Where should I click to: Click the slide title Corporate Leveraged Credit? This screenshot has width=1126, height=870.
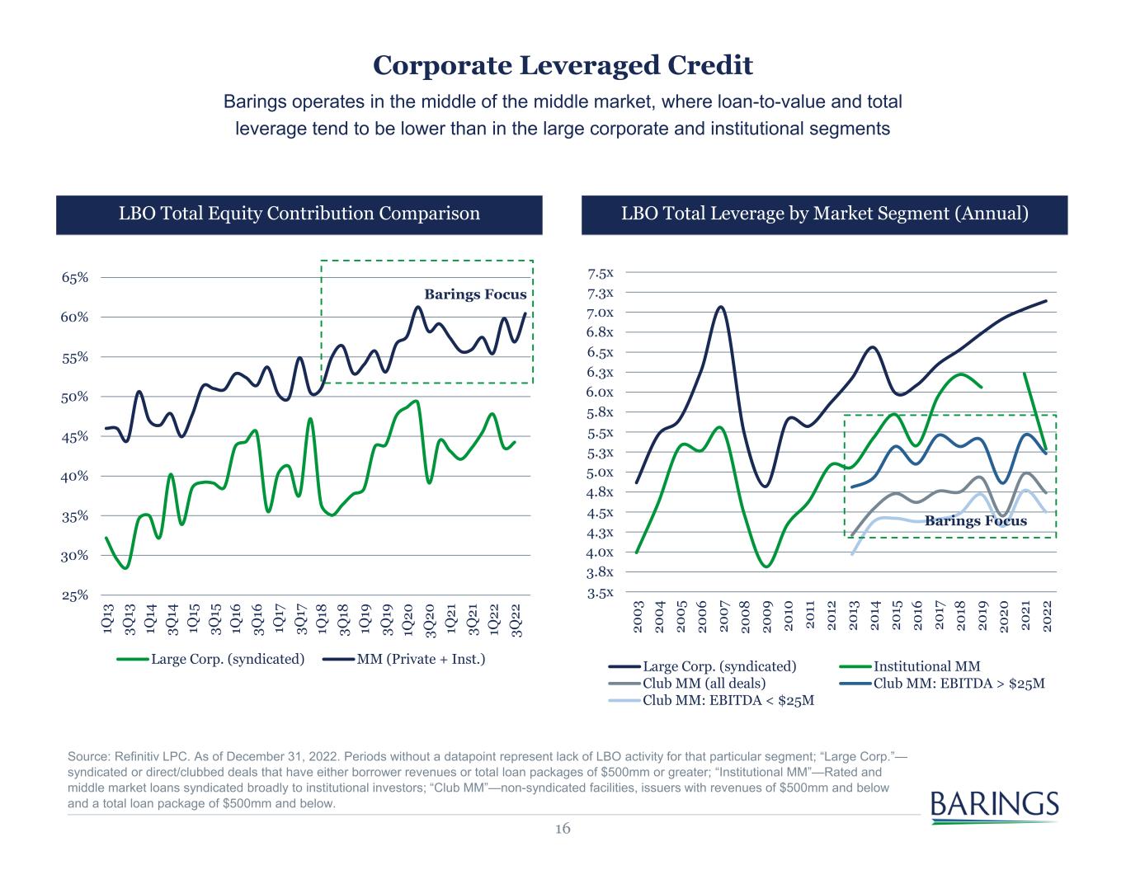pyautogui.click(x=563, y=65)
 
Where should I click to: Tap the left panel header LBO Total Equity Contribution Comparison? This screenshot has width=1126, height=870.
pyautogui.click(x=299, y=214)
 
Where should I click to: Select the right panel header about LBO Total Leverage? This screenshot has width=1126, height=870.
pyautogui.click(x=824, y=214)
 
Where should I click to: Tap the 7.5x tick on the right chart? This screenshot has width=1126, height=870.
pyautogui.click(x=601, y=273)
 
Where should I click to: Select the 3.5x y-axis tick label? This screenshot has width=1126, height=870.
pyautogui.click(x=601, y=592)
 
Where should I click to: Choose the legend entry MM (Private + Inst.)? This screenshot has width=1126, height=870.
pyautogui.click(x=420, y=660)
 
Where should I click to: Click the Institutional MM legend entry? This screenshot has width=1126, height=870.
pyautogui.click(x=926, y=666)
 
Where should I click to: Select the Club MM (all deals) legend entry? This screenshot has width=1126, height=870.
pyautogui.click(x=704, y=684)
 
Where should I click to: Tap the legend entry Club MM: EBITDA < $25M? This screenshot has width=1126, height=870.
pyautogui.click(x=728, y=701)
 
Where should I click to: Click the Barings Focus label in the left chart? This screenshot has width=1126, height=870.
pyautogui.click(x=475, y=294)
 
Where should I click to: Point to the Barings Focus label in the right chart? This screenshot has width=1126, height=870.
pyautogui.click(x=976, y=521)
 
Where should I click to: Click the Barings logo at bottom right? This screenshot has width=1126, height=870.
pyautogui.click(x=994, y=806)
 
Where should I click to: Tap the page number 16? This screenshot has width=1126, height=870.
pyautogui.click(x=563, y=829)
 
